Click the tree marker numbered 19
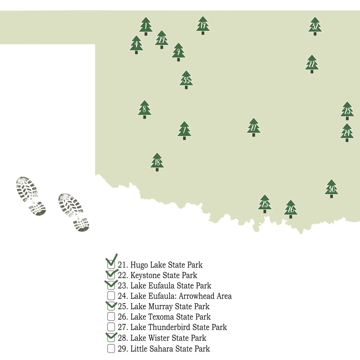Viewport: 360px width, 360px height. [x=203, y=25]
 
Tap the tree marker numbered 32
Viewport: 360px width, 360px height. [x=315, y=26]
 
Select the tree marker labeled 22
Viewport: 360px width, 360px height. [x=312, y=64]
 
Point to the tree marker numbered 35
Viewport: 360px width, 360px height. [x=186, y=80]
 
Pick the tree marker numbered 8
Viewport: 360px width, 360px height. [x=145, y=110]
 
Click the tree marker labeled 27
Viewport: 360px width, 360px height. [x=254, y=127]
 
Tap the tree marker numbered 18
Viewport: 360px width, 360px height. [x=157, y=162]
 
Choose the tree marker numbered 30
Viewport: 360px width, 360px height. [x=331, y=189]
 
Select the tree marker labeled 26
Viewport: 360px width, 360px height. [x=291, y=209]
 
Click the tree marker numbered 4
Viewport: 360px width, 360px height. [x=136, y=45]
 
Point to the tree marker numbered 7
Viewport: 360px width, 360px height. [x=184, y=130]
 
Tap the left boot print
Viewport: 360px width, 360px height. [x=31, y=196]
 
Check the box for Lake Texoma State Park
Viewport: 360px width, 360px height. [x=111, y=316]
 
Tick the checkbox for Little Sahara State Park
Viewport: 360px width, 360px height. [x=111, y=348]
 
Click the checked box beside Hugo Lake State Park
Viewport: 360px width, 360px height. [x=111, y=265]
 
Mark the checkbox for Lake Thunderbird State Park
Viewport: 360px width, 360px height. [x=111, y=327]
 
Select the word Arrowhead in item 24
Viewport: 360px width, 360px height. [x=197, y=296]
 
